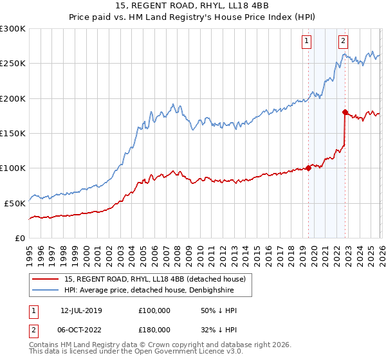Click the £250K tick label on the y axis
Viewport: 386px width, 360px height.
[12, 64]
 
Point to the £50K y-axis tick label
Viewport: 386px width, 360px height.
[14, 203]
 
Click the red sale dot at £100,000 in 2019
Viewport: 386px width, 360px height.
[308, 168]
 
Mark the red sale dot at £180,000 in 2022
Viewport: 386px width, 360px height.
[345, 113]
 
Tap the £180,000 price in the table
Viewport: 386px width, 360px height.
[154, 329]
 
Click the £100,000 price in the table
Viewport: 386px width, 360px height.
[154, 310]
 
